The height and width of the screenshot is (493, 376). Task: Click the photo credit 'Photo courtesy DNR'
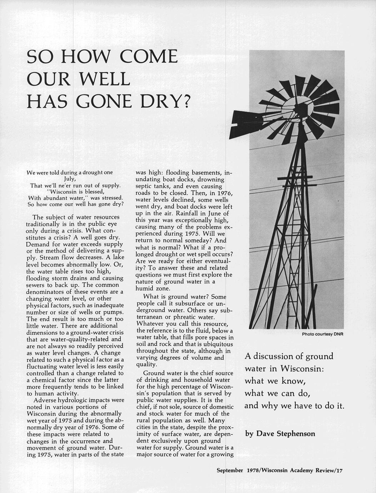[322, 334]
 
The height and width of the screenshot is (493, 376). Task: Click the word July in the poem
[70, 179]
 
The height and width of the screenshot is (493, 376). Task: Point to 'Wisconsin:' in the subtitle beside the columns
[302, 368]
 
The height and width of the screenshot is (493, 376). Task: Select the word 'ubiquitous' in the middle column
[218, 344]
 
